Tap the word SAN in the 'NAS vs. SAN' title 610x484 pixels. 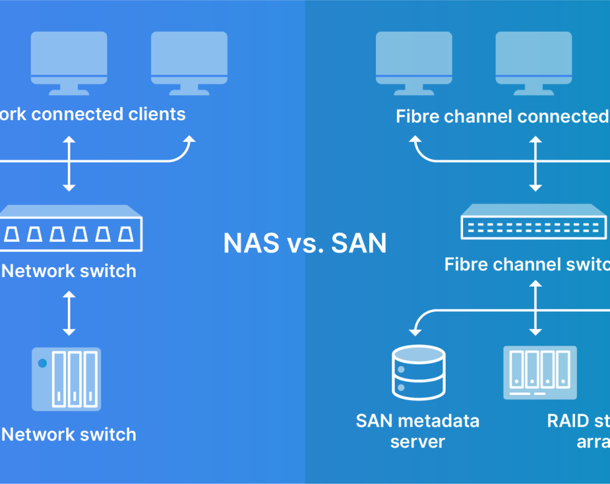359,243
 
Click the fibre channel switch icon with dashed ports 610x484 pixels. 533,222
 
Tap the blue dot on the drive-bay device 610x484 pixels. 42,363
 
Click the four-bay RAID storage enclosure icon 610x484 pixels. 540,372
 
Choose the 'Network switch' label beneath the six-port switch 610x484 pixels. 68,271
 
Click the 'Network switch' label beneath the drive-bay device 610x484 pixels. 68,434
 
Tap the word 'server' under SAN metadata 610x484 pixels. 418,442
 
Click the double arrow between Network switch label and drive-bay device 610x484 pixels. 68,313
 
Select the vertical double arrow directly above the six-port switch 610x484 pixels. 68,163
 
